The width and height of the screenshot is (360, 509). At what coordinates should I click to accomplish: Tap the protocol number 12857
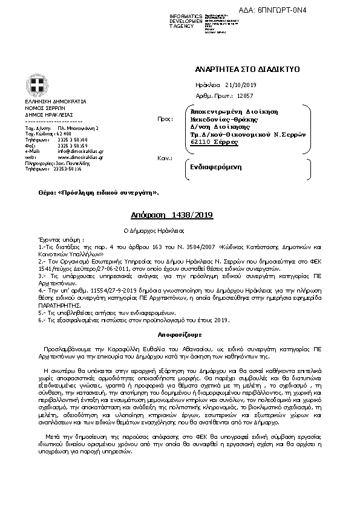click(245, 96)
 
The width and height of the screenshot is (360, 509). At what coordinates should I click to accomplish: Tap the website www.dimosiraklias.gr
click(72, 157)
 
